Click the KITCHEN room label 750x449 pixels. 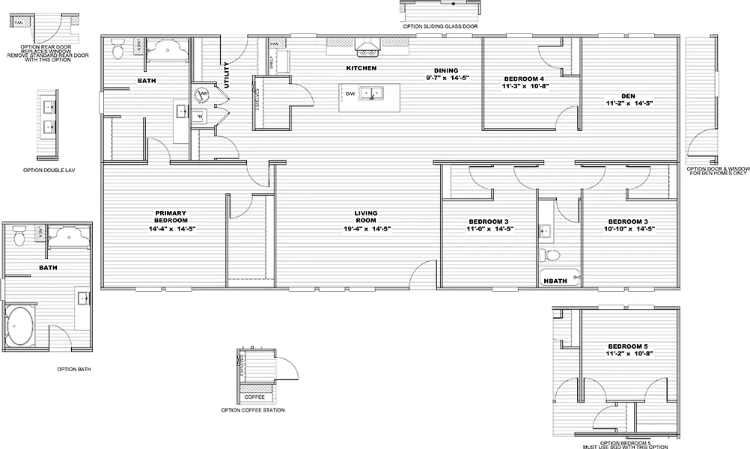(x=361, y=68)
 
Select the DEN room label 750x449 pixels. (x=630, y=96)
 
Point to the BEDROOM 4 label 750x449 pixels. (x=523, y=79)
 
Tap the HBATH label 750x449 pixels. (x=555, y=281)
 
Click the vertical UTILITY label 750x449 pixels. (x=227, y=74)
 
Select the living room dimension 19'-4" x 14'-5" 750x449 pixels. (x=368, y=228)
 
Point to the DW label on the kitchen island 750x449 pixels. (x=350, y=94)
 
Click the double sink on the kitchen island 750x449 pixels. (x=371, y=94)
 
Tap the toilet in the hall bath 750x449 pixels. (x=553, y=255)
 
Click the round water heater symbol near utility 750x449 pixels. (x=201, y=94)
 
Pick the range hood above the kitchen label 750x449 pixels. (x=367, y=49)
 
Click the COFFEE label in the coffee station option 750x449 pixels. (x=254, y=397)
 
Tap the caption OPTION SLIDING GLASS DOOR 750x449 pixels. (x=440, y=26)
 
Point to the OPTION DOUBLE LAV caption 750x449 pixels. (x=48, y=171)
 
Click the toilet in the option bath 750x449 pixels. (x=20, y=236)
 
